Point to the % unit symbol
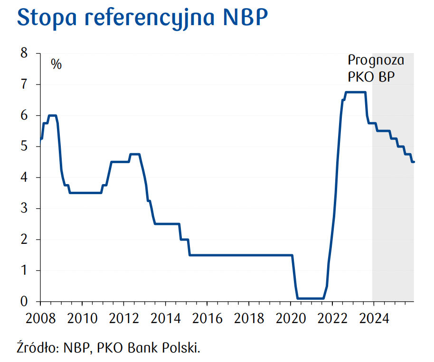coord(57,65)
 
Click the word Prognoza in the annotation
coord(376,61)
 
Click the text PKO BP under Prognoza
coord(371,77)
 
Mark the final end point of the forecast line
coord(414,162)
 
